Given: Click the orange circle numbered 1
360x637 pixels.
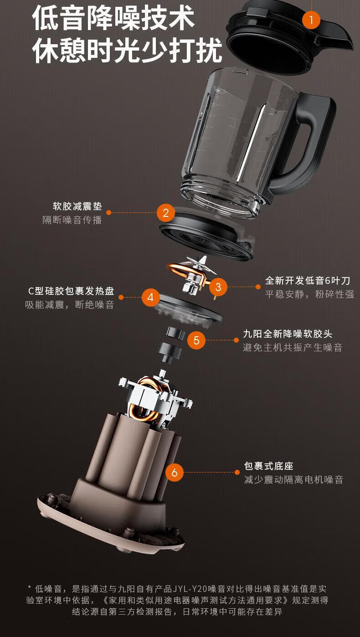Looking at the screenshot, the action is click(x=311, y=20).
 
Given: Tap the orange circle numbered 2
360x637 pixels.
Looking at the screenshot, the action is click(x=166, y=213).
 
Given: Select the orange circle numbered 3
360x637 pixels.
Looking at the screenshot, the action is click(x=218, y=287).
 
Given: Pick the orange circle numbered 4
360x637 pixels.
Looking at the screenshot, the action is click(x=150, y=297).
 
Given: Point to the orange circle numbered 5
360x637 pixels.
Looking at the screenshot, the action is click(x=196, y=340).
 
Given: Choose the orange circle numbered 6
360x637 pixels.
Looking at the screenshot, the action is click(x=175, y=473).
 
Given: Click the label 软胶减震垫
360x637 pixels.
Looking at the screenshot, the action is click(x=77, y=206).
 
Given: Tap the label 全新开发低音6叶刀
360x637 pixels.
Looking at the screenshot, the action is click(x=308, y=281).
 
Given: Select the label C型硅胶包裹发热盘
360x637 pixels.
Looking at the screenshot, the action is click(x=71, y=291).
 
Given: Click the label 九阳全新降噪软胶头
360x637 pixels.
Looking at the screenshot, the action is click(x=288, y=334).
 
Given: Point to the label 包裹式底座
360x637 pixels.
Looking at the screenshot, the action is click(x=269, y=466).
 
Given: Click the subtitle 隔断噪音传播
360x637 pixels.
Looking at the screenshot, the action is click(x=72, y=220).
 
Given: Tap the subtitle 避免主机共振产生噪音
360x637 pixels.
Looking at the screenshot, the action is click(x=293, y=347).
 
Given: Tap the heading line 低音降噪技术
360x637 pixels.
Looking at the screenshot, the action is click(x=114, y=18).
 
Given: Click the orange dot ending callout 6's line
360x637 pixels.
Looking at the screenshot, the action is click(x=237, y=473).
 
